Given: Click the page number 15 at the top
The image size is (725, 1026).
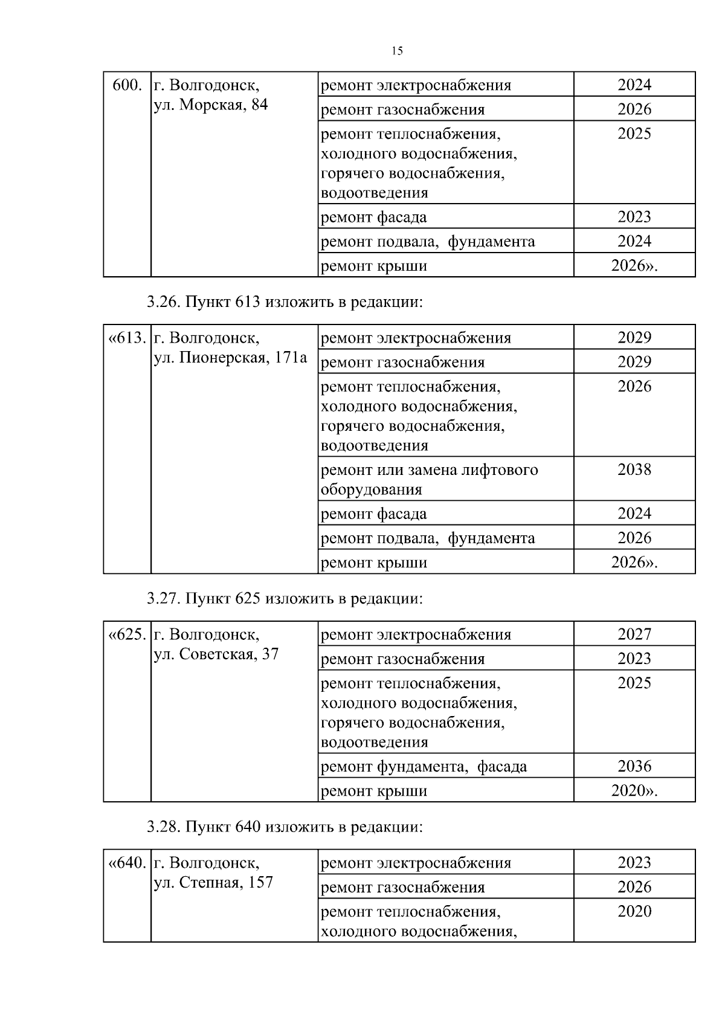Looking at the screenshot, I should [397, 51].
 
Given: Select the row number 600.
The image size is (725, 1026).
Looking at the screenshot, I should [127, 85].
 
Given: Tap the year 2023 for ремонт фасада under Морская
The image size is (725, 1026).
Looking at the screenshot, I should [634, 217].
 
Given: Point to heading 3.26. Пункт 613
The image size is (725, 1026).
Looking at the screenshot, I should [285, 302].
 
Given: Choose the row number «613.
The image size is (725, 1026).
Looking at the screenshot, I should [127, 338].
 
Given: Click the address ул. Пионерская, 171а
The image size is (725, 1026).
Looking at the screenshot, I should [230, 358].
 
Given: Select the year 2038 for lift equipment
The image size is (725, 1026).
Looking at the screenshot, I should [634, 470].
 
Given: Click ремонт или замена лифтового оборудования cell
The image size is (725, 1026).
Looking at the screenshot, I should [429, 479].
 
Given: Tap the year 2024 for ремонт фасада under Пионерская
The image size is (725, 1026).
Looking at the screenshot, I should [634, 514].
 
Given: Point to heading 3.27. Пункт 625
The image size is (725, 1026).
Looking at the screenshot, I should [285, 598].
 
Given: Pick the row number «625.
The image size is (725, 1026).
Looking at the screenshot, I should [127, 634].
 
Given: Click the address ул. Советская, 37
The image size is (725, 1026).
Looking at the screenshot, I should [216, 654].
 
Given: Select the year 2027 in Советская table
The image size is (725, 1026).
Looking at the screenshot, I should [634, 634].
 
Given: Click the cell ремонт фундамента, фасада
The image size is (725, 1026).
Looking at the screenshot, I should [424, 767].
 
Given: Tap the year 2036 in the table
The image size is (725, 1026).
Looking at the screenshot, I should [634, 766].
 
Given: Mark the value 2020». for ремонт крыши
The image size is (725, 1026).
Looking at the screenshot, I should [634, 790].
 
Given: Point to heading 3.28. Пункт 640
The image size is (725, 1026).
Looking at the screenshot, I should [285, 826].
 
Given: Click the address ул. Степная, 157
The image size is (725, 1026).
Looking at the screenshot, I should [213, 882].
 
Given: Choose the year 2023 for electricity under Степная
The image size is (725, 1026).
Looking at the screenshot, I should [634, 862].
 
